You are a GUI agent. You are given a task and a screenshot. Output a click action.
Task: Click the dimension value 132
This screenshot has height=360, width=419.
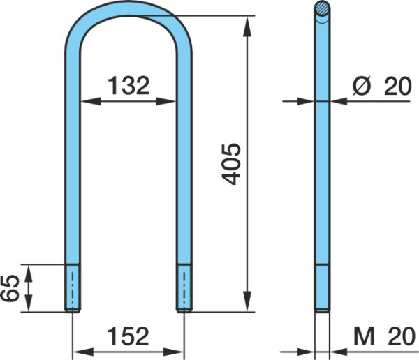point(128,86)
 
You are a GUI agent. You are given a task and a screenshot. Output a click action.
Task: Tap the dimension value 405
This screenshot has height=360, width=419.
point(231,164)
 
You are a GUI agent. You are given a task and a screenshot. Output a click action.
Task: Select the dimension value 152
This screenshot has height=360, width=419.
point(128,336)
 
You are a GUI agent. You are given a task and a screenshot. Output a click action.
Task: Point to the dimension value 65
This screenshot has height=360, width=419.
point(10,288)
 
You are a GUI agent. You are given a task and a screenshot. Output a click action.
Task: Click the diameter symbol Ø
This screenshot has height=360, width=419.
point(362,86)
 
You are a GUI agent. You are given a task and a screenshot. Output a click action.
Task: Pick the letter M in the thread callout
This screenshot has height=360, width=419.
point(364,336)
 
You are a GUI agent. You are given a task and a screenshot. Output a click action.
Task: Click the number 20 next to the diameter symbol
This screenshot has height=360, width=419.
point(397,86)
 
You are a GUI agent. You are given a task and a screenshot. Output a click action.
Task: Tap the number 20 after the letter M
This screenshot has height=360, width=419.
point(402,336)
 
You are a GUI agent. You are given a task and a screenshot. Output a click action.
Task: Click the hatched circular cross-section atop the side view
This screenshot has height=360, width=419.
point(322,8)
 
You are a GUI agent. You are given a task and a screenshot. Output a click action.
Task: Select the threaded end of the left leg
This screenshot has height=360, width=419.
point(72,288)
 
